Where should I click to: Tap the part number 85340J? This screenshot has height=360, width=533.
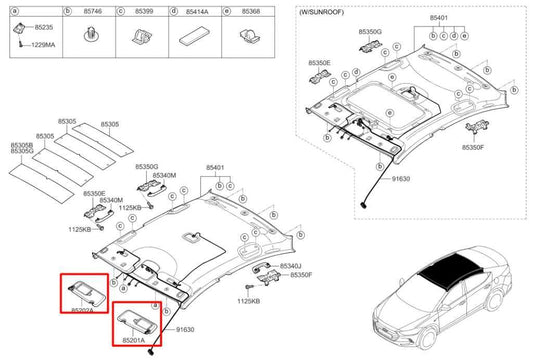[x=290, y=265]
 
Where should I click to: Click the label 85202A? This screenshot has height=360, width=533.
[x=82, y=310]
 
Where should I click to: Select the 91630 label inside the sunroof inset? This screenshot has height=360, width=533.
[x=400, y=178]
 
